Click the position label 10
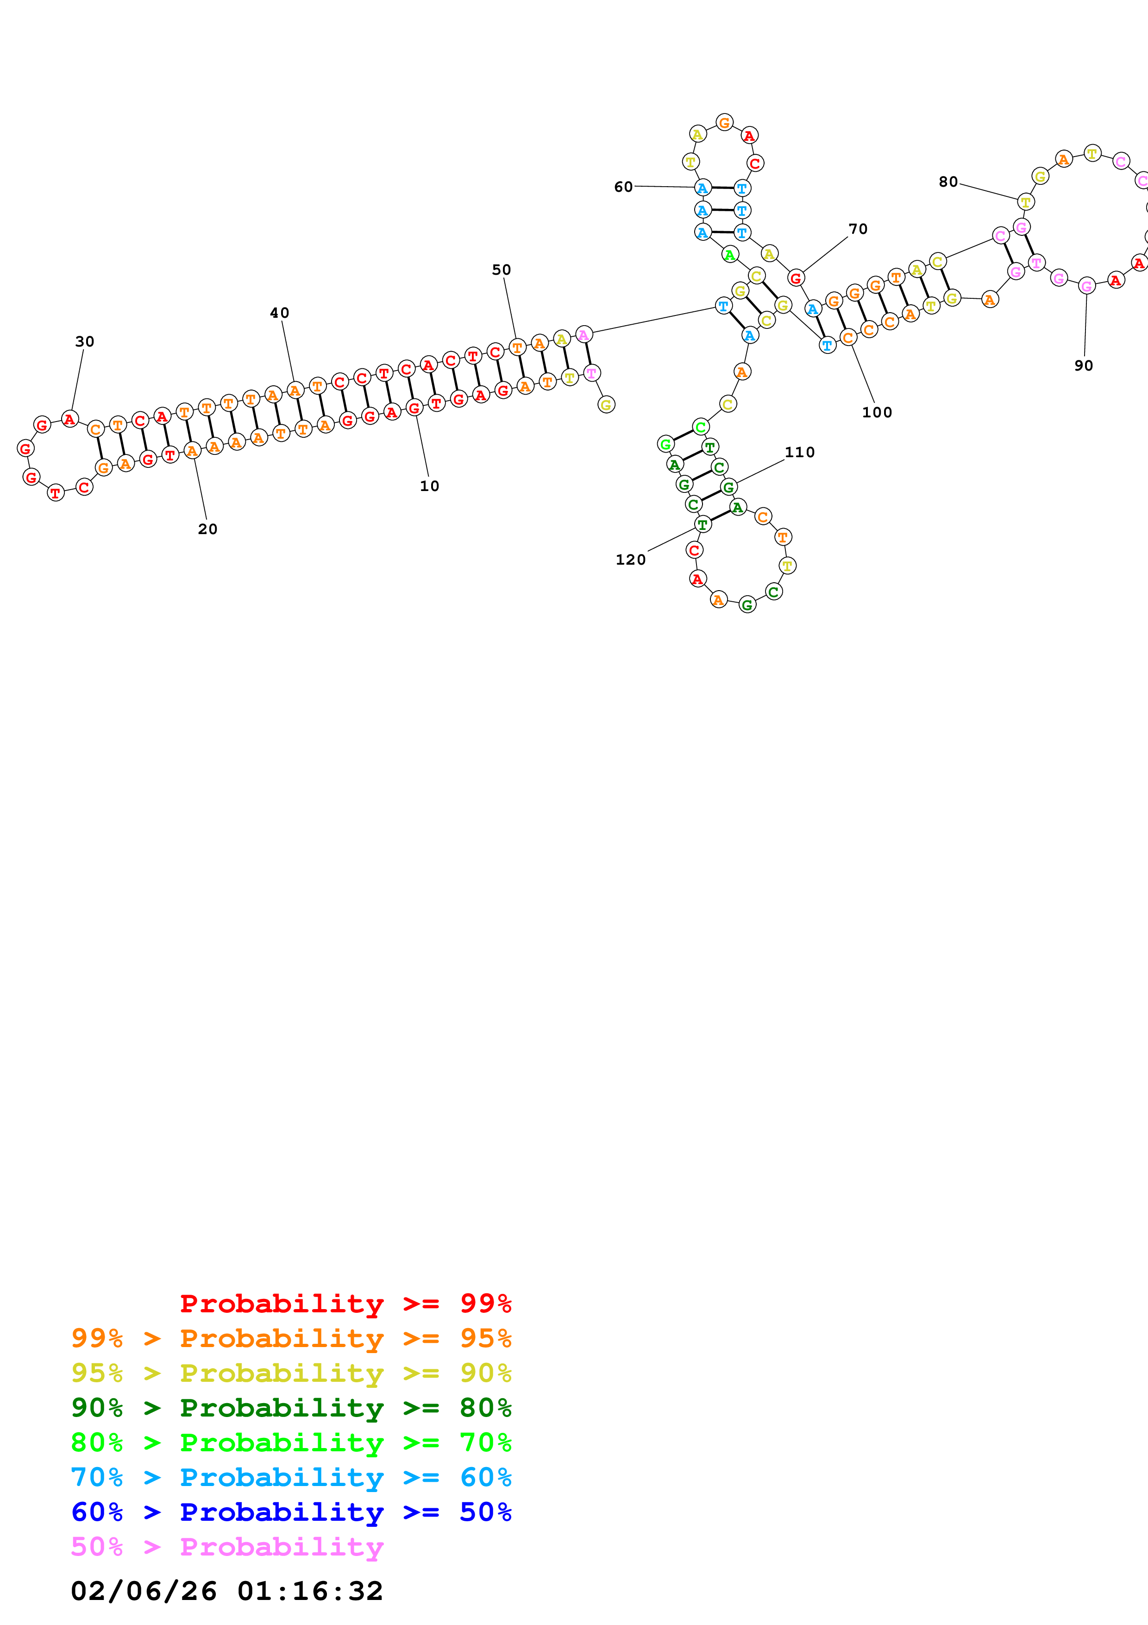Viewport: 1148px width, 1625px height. [x=429, y=486]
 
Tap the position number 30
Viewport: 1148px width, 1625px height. [x=85, y=342]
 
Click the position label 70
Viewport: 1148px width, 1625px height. [x=858, y=229]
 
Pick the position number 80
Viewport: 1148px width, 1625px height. [x=948, y=183]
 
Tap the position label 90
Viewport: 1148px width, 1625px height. [x=1084, y=366]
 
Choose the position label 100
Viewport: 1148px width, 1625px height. [x=877, y=413]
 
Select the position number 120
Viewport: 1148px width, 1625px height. [x=631, y=561]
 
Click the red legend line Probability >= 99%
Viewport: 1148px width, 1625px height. [x=346, y=1303]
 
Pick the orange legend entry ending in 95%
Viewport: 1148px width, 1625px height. [x=291, y=1338]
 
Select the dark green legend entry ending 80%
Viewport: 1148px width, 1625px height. [x=291, y=1408]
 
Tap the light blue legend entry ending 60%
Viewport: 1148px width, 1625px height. [x=291, y=1477]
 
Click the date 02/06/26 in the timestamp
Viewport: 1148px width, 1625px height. [x=144, y=1591]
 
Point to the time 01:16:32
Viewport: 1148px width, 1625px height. [x=310, y=1591]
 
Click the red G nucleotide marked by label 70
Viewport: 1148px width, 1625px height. [x=796, y=278]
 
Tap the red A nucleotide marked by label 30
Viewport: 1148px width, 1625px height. [x=69, y=420]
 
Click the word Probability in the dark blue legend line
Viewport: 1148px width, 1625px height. [x=282, y=1512]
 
